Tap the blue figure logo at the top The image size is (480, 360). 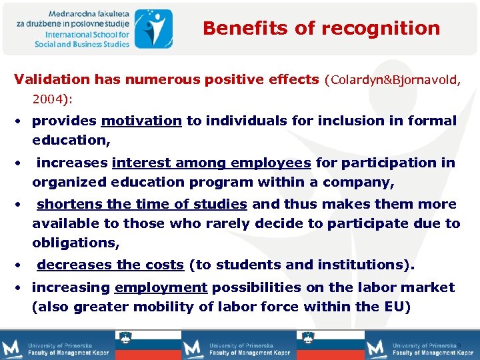click(x=153, y=28)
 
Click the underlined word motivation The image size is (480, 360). click(x=141, y=121)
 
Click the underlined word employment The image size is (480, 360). click(x=161, y=287)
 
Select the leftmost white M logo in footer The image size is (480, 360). click(x=13, y=348)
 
